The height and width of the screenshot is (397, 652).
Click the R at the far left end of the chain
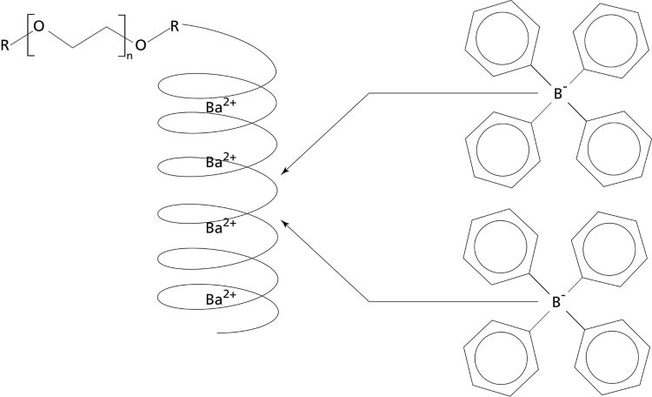(x=8, y=44)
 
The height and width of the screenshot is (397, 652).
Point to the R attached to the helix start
(x=175, y=27)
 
